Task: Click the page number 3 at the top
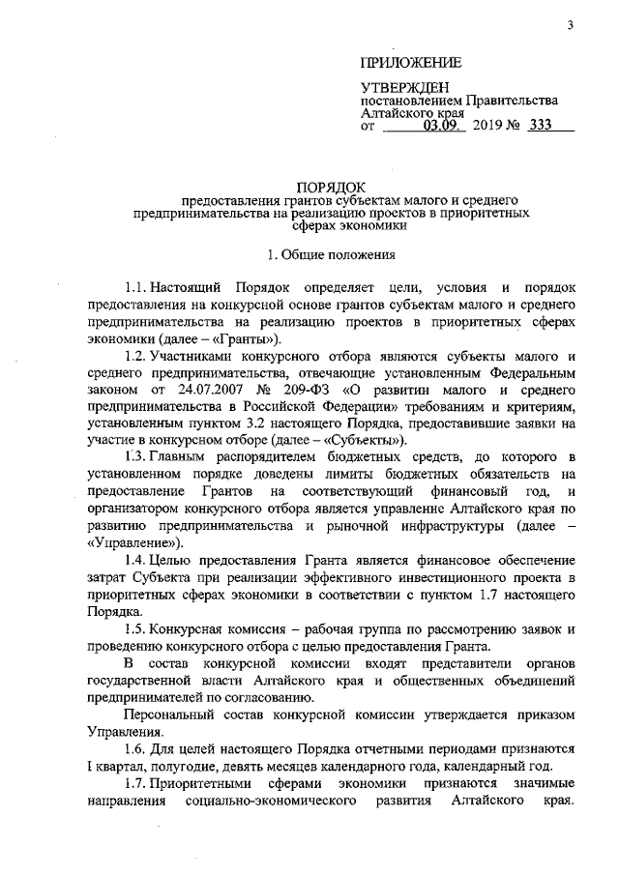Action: [x=571, y=25]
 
